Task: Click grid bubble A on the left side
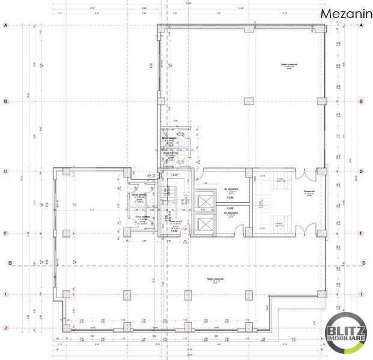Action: click(x=5, y=26)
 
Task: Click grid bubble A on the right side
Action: click(x=362, y=26)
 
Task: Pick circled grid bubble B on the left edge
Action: click(x=5, y=101)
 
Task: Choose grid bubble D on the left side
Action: click(x=5, y=172)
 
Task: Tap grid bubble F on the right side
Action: click(x=362, y=234)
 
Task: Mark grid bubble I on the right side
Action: click(x=362, y=294)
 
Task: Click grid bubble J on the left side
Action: click(x=5, y=328)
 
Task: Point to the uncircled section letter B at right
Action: click(x=364, y=263)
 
